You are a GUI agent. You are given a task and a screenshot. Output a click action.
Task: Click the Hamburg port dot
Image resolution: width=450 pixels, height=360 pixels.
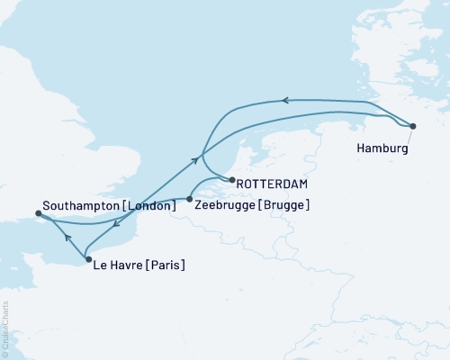pyautogui.click(x=413, y=127)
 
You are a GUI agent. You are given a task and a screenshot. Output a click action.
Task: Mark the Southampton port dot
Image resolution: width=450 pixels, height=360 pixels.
pyautogui.click(x=38, y=213)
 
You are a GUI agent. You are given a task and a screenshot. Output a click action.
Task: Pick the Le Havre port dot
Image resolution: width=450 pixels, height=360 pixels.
pyautogui.click(x=87, y=259)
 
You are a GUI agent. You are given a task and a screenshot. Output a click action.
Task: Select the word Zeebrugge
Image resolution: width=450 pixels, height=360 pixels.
pyautogui.click(x=223, y=205)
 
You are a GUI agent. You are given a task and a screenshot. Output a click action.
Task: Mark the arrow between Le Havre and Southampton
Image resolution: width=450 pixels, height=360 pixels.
pyautogui.click(x=67, y=238)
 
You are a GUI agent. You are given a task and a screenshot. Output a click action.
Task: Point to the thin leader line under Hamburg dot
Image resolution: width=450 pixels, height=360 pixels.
pyautogui.click(x=407, y=135)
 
